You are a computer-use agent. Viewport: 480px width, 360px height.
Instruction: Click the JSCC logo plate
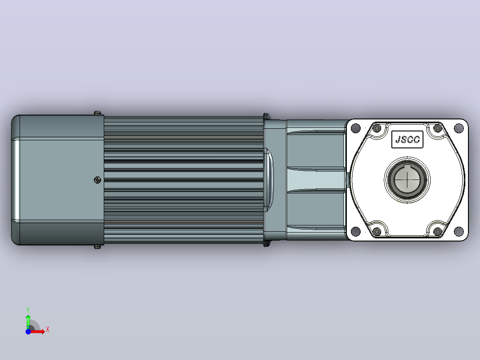tap(407, 139)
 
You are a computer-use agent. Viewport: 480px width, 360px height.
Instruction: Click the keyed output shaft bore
tap(407, 180)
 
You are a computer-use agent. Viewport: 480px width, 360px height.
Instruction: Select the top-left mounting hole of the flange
tap(355, 128)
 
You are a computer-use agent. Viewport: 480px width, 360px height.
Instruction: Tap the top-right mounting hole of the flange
tap(459, 128)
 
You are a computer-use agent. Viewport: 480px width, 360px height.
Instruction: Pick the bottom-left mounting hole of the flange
tap(355, 231)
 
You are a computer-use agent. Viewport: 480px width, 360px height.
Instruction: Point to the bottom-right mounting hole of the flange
tap(459, 231)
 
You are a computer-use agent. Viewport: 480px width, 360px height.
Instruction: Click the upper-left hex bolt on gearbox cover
tap(377, 128)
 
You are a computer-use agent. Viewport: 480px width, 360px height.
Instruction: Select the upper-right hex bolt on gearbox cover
tap(437, 128)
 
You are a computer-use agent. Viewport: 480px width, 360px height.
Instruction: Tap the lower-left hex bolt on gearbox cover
tap(377, 231)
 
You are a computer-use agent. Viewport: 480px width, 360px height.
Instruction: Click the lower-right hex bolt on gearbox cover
tap(437, 231)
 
